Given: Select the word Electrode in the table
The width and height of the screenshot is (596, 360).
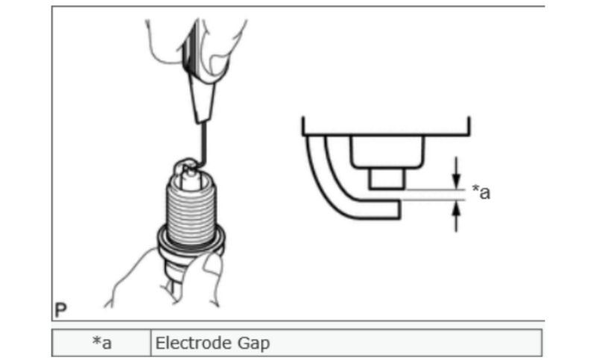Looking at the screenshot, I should coord(183,344).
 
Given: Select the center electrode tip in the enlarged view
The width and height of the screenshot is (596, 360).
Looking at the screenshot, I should coord(387,180).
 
